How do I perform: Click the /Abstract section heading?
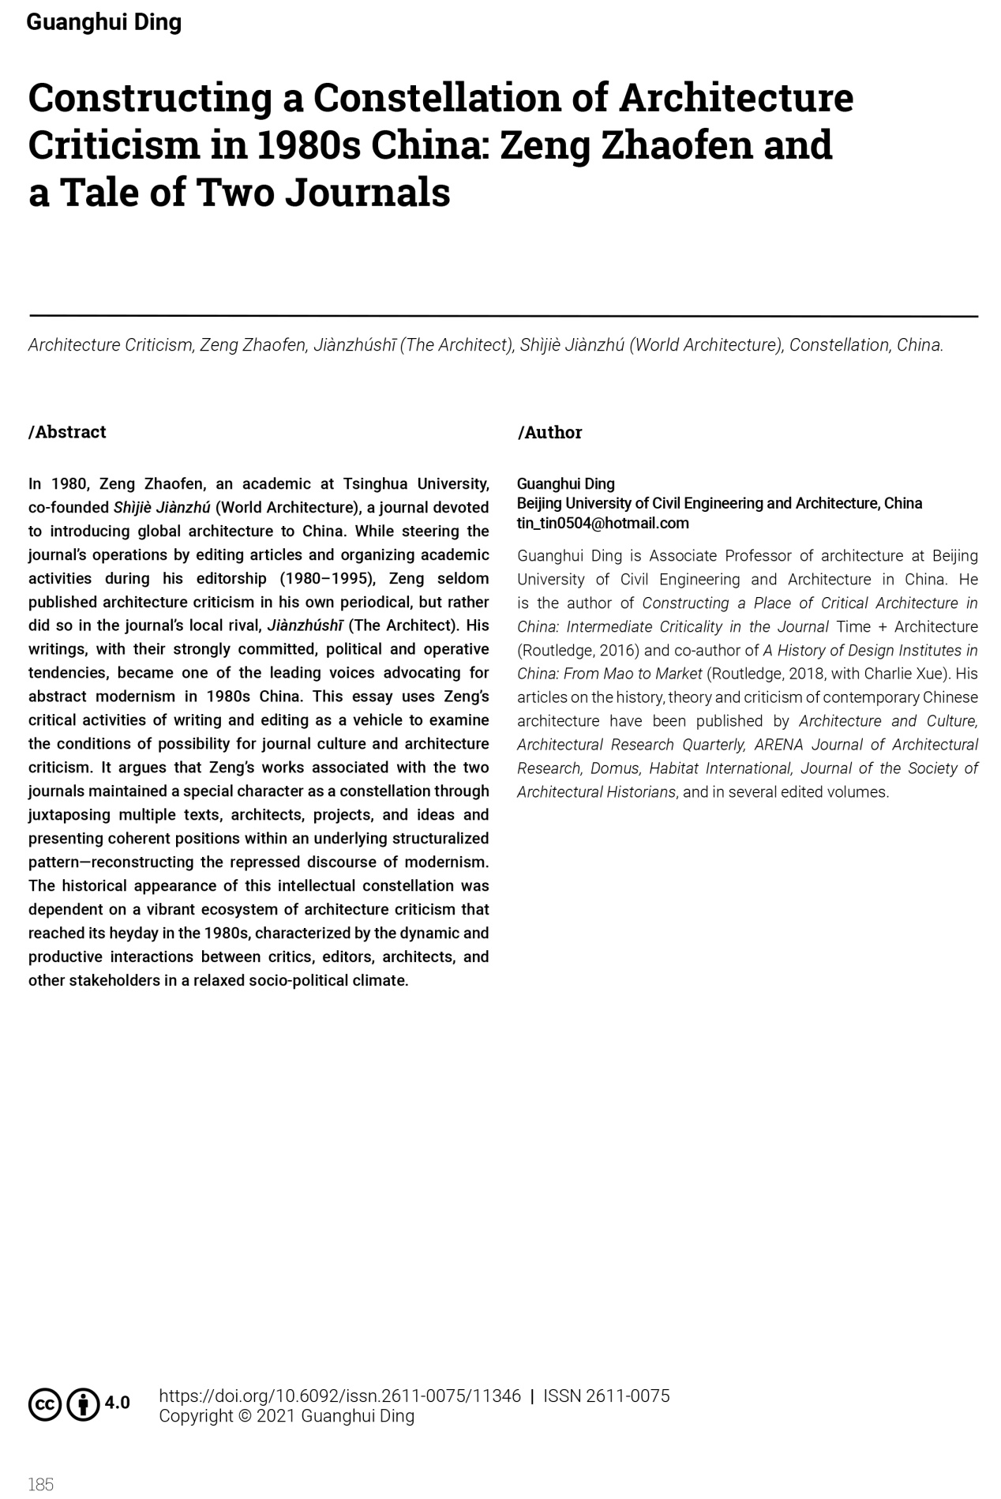tap(67, 432)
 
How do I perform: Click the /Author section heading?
tap(549, 432)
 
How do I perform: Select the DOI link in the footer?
tap(339, 1396)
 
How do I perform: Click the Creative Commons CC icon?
tap(45, 1404)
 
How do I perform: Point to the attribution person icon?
tap(83, 1404)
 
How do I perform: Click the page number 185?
tap(41, 1484)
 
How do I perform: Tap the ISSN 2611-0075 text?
tap(606, 1396)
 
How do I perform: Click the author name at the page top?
tap(104, 22)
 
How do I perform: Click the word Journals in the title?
tap(367, 192)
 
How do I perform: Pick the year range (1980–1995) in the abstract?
tap(326, 578)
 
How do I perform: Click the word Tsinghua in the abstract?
tap(375, 483)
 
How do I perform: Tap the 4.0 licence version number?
tap(117, 1403)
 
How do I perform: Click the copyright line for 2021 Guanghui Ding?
tap(287, 1416)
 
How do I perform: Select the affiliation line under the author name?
tap(719, 503)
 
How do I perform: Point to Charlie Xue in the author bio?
tap(905, 674)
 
